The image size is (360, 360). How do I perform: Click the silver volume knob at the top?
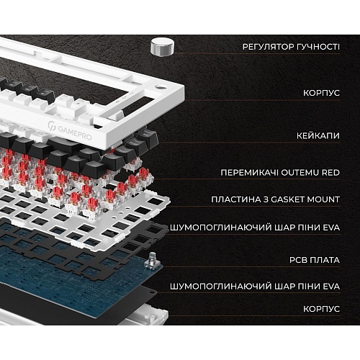162,48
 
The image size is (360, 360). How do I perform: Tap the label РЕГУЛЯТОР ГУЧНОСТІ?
291,47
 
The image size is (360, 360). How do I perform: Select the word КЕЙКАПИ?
318,136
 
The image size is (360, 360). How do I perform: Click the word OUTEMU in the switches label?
300,173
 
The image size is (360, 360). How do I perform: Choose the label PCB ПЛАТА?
315,260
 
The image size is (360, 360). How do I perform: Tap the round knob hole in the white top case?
160,86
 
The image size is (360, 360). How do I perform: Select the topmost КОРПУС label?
321,93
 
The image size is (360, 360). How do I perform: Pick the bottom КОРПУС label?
321,309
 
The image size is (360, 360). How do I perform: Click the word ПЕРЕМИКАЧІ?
249,173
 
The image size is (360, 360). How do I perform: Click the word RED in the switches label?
330,173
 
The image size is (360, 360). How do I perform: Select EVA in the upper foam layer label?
331,228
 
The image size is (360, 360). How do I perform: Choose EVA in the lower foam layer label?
331,287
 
